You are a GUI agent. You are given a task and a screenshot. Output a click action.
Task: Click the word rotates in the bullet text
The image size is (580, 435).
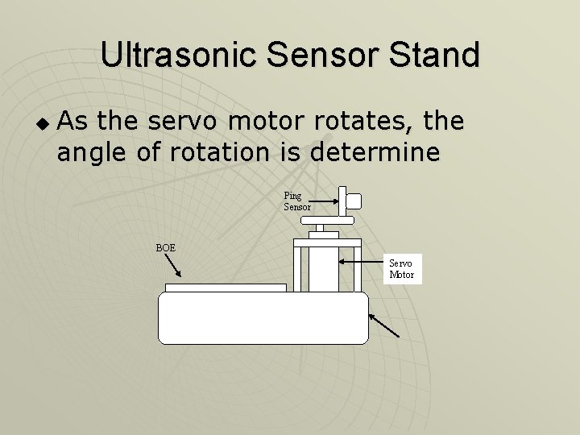click(366, 122)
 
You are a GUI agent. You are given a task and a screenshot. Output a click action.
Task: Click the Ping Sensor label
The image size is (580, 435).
click(296, 201)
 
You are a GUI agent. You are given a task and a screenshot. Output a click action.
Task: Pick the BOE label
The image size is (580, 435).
click(165, 247)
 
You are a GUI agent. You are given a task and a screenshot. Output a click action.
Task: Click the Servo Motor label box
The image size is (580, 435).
click(401, 269)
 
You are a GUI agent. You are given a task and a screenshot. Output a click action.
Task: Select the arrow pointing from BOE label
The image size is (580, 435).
click(172, 265)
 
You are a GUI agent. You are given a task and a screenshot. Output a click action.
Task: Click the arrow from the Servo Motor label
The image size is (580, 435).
click(362, 262)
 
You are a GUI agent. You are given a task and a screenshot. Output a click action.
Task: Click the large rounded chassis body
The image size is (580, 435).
click(263, 318)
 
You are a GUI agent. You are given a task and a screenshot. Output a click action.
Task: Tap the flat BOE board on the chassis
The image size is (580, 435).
click(226, 287)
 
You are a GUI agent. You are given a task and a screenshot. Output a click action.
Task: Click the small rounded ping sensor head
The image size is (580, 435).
click(351, 202)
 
